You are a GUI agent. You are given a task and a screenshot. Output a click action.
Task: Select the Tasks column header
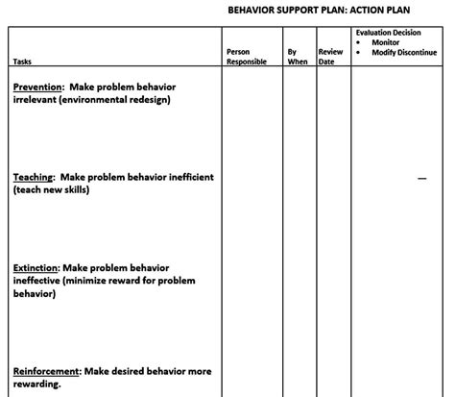click(21, 62)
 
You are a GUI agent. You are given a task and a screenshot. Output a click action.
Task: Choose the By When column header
click(298, 57)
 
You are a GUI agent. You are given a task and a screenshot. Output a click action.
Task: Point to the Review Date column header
click(329, 57)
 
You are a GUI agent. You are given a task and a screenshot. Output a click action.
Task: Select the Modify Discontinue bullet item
click(404, 52)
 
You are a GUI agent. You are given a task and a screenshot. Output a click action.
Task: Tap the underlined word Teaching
click(34, 178)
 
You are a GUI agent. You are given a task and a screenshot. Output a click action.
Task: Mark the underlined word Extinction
click(36, 268)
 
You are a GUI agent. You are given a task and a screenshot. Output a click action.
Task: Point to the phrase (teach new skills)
click(52, 190)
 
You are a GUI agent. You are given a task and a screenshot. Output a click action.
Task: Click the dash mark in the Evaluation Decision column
click(422, 178)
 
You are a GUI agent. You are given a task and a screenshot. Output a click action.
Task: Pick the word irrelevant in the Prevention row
click(34, 99)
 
